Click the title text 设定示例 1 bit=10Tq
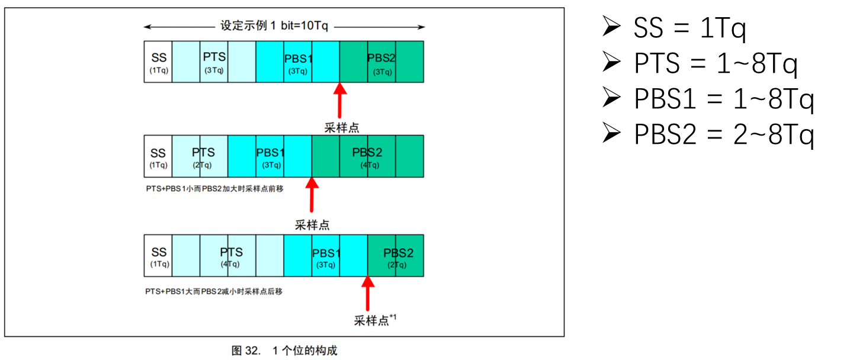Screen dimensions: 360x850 pos(274,26)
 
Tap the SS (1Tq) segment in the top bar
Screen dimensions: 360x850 pos(158,62)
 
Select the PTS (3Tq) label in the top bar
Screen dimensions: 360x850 pos(214,62)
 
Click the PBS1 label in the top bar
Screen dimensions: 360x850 pos(298,59)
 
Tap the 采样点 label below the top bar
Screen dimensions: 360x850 pos(341,127)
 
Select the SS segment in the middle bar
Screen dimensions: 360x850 pos(158,156)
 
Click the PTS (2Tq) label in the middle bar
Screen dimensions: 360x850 pos(203,156)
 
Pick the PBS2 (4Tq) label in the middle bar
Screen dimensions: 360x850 pos(367,156)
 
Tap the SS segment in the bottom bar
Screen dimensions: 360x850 pos(158,256)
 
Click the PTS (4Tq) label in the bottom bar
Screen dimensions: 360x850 pos(231,256)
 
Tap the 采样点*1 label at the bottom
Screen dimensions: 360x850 pos(375,320)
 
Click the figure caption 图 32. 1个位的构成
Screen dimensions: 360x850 pos(284,351)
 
